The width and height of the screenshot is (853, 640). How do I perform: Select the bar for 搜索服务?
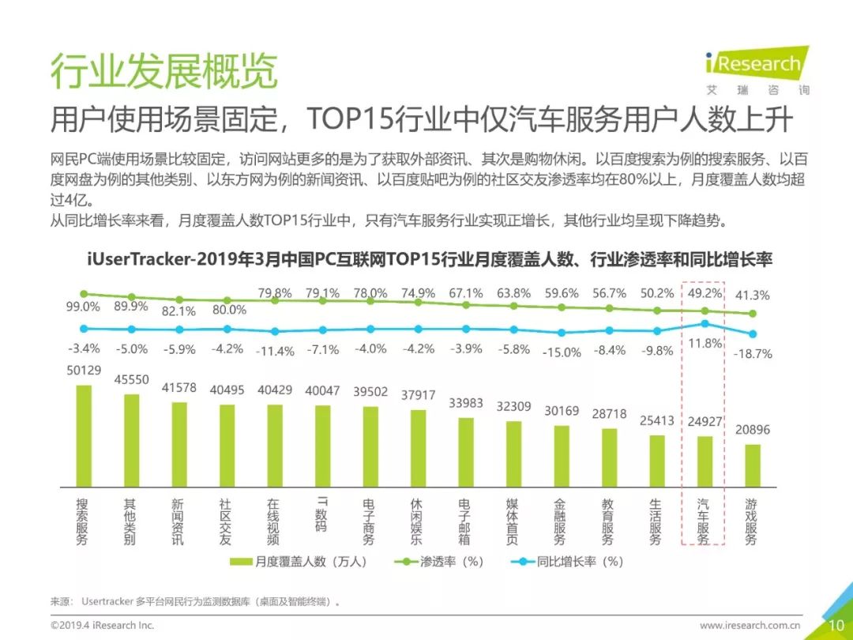pos(83,435)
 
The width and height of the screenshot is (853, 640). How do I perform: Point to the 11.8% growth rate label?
pos(705,343)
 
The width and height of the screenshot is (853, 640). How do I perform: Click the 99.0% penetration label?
pos(82,307)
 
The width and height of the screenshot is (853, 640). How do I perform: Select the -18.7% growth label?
pos(753,353)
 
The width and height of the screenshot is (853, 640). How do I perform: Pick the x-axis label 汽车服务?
pos(704,521)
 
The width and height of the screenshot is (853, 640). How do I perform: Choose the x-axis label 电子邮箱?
pos(465,521)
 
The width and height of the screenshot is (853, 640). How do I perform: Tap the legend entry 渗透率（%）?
pos(442,562)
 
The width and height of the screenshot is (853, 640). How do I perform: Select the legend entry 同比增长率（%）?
pos(569,562)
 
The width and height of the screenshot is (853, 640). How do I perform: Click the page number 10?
pos(836,625)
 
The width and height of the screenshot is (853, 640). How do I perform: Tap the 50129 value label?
pos(83,371)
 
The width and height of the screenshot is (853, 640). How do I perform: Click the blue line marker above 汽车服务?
pos(705,323)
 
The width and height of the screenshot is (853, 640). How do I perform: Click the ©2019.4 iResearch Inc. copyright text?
pos(102,625)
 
